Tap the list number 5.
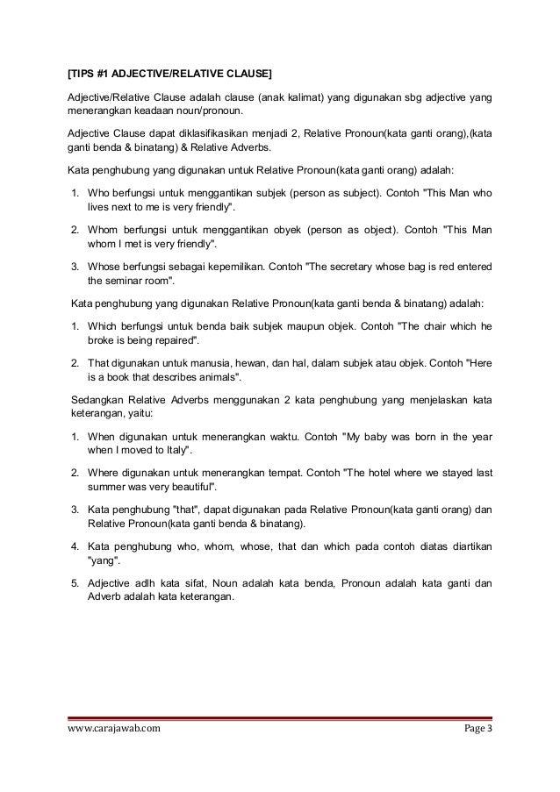(x=77, y=582)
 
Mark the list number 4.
(x=77, y=546)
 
